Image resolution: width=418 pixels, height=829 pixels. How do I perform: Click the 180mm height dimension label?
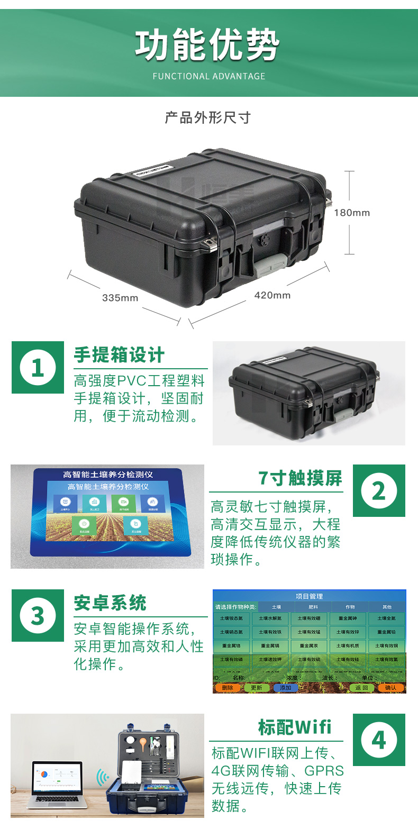(352, 213)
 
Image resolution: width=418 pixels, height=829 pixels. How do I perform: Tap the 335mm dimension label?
(120, 298)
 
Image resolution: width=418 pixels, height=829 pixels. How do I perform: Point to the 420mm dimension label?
(272, 295)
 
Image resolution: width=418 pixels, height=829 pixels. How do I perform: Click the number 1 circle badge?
(38, 367)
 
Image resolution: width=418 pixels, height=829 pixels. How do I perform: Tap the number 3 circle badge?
(38, 615)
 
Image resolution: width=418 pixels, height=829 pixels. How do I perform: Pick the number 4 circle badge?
(379, 740)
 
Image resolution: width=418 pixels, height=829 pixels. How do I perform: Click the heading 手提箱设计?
(119, 355)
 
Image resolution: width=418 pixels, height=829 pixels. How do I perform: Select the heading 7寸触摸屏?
(300, 478)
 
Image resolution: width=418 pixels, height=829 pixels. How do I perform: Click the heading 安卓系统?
(110, 603)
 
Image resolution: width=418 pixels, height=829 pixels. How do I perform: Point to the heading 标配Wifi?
(295, 727)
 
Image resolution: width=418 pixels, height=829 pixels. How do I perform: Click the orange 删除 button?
(227, 688)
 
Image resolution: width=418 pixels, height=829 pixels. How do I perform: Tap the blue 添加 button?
(285, 688)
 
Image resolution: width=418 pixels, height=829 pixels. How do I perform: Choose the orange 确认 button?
(390, 688)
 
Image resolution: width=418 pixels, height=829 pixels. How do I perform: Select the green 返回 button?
(362, 688)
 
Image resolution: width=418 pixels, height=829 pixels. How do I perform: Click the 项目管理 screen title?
(309, 596)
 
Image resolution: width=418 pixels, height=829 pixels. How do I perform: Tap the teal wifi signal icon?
(102, 777)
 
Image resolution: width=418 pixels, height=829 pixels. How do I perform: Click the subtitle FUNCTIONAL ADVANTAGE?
(209, 76)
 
